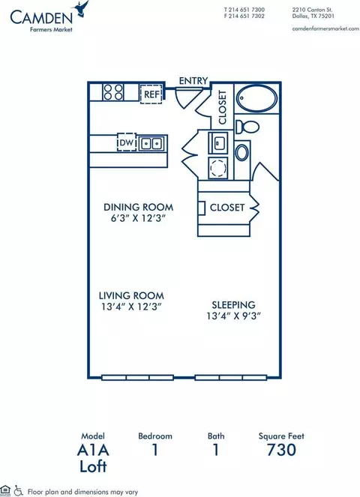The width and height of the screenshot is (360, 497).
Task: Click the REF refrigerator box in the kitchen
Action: point(151,94)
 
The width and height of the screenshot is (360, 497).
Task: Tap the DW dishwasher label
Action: point(127,142)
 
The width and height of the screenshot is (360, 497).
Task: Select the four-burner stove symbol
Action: point(113,92)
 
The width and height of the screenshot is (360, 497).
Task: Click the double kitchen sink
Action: point(151,144)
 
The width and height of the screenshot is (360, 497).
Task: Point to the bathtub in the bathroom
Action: point(257,98)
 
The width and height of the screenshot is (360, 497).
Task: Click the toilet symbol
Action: point(247,127)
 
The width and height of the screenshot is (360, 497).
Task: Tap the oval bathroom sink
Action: point(242,152)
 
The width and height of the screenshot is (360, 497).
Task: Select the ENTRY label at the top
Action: point(193,81)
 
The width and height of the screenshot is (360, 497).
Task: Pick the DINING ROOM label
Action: point(139,208)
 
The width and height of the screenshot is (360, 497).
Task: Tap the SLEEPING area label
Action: point(233,305)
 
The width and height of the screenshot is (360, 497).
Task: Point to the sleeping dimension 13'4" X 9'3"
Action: point(234,316)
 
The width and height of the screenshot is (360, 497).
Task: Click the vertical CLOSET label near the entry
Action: point(223,107)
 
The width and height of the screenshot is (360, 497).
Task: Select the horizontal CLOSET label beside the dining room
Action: point(227,208)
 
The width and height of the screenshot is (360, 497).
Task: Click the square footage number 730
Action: point(281,450)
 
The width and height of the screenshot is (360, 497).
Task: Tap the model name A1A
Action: point(93,450)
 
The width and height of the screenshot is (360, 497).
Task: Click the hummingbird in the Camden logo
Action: point(81,8)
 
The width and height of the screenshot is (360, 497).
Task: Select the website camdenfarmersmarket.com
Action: point(325,28)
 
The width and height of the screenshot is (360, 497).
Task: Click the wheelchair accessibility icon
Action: point(19,491)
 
